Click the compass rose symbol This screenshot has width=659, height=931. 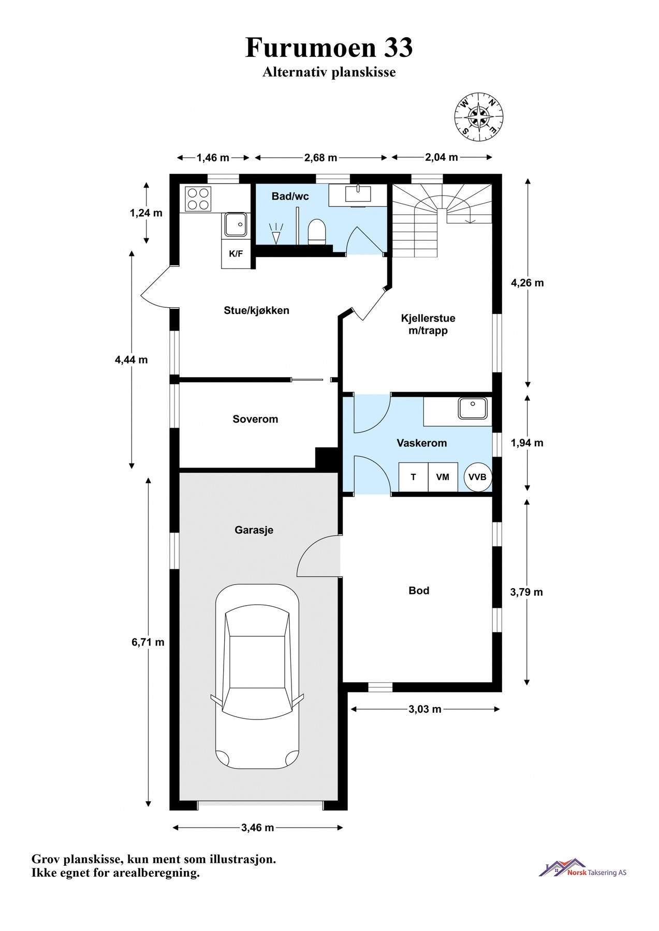(479, 117)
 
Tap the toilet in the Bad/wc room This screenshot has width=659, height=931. (316, 231)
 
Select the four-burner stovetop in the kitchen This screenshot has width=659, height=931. (198, 199)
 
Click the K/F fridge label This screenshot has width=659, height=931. (236, 254)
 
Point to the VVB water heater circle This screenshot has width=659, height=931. (477, 477)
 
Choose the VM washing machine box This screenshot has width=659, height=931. (443, 477)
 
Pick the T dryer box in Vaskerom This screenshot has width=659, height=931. (414, 477)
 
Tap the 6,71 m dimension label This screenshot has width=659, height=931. (148, 642)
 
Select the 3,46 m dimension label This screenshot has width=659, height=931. (257, 828)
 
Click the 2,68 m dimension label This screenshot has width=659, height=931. (320, 158)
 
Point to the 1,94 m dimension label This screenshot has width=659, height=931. (527, 443)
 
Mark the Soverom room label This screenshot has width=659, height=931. (255, 419)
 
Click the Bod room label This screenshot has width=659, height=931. (419, 591)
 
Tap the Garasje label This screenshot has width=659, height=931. (254, 530)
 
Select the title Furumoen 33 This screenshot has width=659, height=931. (329, 48)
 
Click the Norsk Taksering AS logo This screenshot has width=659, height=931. (582, 868)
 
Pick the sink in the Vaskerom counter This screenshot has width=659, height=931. (473, 408)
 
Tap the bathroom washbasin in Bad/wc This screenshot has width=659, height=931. (358, 194)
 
